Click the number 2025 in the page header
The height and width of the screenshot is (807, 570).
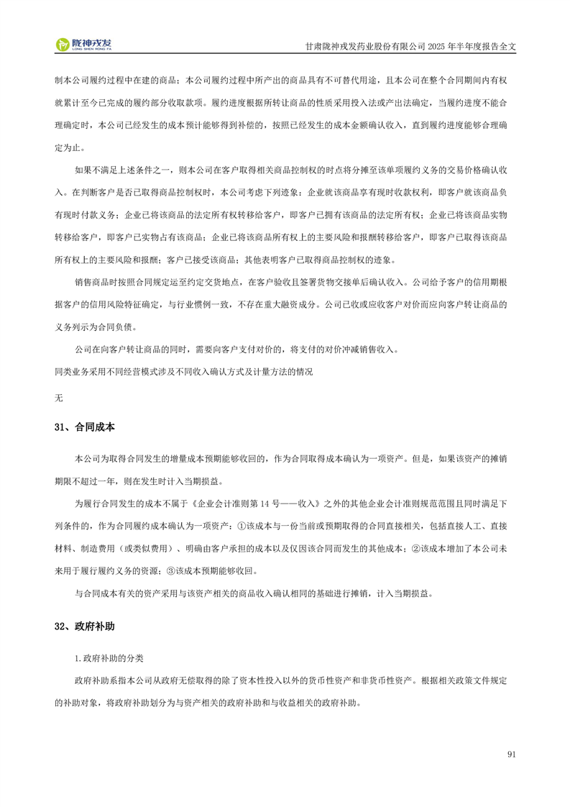tap(438, 45)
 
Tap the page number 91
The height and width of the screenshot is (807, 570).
tap(512, 754)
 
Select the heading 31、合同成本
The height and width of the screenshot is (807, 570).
tap(84, 427)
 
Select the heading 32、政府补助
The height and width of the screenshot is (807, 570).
tap(84, 626)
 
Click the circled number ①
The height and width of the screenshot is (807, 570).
tap(242, 520)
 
